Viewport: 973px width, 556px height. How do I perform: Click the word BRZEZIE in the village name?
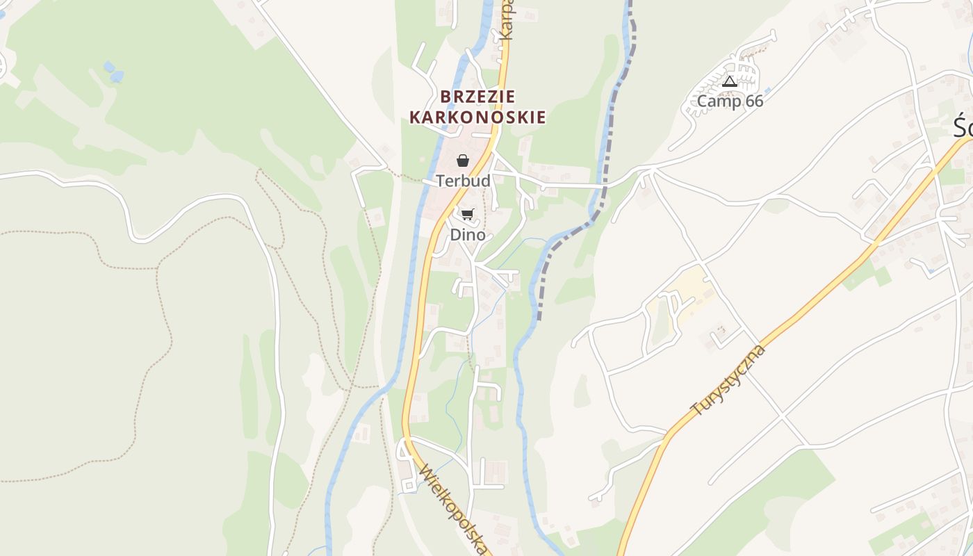(477, 97)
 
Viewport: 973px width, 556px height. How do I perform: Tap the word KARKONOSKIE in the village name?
(477, 117)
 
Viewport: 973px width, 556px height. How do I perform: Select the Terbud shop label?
(463, 181)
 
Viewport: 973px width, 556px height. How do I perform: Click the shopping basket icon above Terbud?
(463, 161)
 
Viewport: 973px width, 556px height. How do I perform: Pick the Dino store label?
(468, 235)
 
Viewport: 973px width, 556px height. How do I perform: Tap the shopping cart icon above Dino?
(467, 214)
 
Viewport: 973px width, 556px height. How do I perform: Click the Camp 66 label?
(730, 101)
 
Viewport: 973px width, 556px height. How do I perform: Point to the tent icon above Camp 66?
(729, 82)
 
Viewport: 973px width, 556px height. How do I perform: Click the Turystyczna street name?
(728, 379)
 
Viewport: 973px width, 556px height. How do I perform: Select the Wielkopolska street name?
(452, 509)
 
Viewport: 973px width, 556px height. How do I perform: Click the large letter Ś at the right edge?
(963, 128)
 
